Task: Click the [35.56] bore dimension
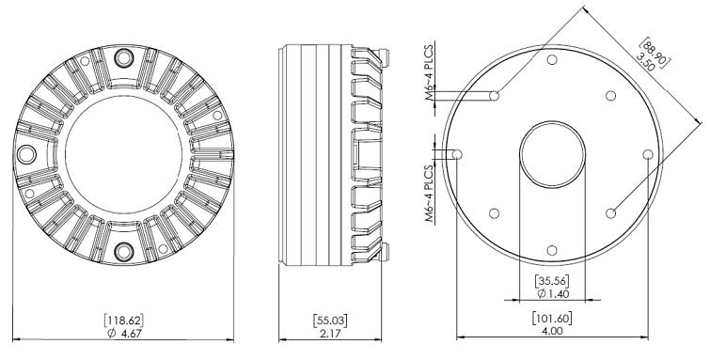tap(549, 280)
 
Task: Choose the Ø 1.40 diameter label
tap(549, 294)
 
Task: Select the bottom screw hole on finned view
tap(121, 252)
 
